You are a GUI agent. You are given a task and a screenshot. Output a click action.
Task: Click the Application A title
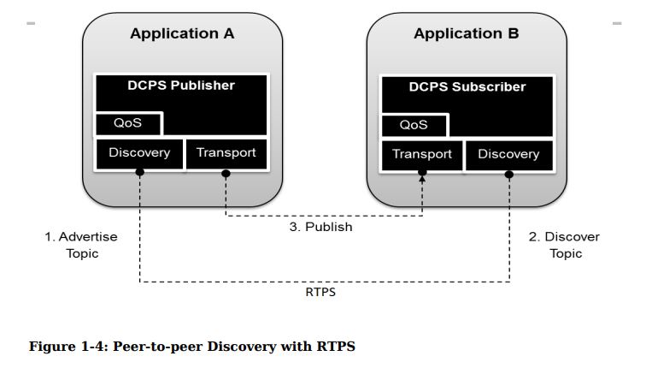click(182, 34)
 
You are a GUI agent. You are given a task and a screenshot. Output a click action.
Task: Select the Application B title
click(466, 34)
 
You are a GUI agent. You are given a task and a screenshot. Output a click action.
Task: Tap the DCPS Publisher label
click(181, 86)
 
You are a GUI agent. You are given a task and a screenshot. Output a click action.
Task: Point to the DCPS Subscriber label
click(467, 87)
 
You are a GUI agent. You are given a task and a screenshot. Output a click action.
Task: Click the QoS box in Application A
click(127, 123)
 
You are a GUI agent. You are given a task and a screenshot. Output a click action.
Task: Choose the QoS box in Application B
click(414, 125)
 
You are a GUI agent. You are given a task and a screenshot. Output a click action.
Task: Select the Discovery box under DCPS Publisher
click(138, 153)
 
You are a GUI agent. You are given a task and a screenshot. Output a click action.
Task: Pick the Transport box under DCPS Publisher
click(226, 153)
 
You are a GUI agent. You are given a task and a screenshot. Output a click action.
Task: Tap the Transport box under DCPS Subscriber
click(422, 155)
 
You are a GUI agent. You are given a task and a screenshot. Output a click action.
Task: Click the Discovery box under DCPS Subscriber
click(508, 155)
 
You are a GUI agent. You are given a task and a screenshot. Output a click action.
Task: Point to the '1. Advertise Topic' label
click(82, 245)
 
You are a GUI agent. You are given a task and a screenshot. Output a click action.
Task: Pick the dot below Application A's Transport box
click(226, 173)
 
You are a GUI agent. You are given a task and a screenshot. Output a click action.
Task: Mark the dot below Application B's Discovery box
click(509, 175)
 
